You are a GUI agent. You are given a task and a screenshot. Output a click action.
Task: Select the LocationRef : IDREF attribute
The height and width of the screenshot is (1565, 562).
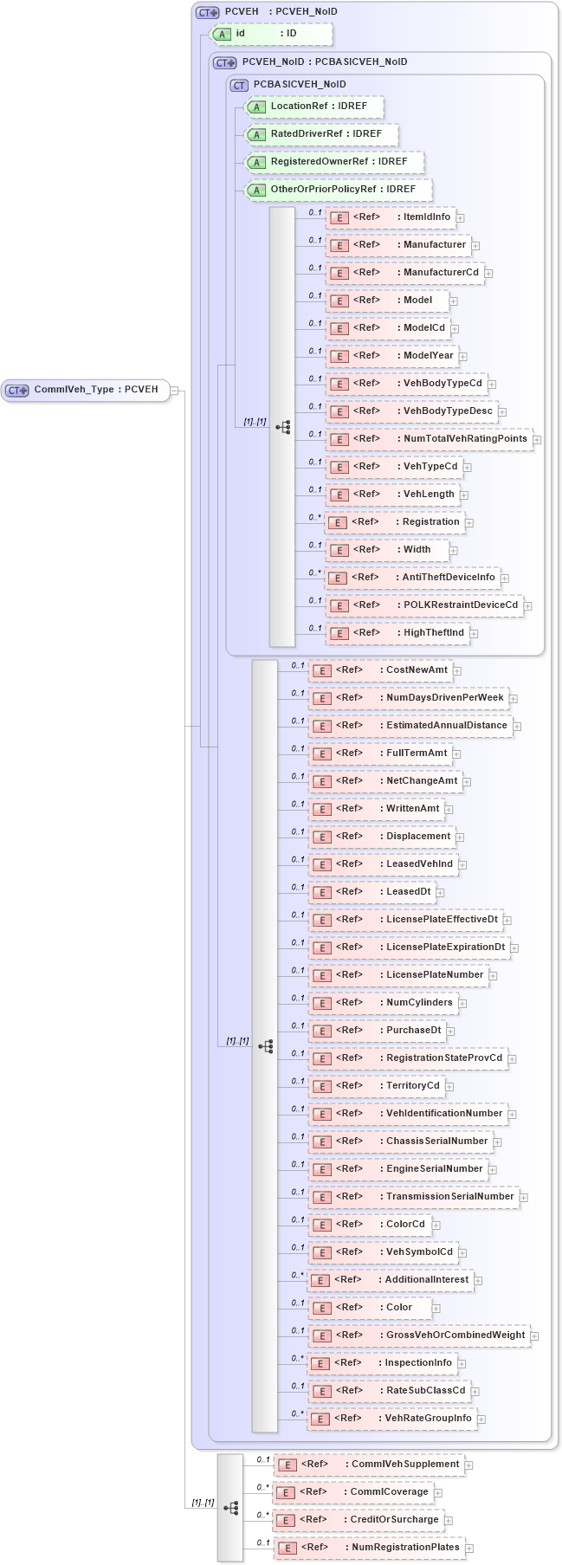tap(315, 107)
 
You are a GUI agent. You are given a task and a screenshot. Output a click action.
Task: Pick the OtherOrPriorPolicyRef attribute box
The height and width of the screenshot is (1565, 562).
tap(339, 190)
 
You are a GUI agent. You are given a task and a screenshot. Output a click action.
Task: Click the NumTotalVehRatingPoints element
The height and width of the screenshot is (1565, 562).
tap(428, 439)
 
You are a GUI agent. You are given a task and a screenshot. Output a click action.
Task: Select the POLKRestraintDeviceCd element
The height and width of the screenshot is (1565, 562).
tap(424, 605)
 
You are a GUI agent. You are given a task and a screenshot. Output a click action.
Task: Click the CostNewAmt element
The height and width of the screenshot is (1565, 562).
tap(380, 670)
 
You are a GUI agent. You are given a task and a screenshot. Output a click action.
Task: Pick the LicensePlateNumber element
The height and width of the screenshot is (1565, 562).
tap(397, 975)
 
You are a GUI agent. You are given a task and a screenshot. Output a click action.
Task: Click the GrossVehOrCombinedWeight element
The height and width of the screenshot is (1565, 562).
tap(419, 1335)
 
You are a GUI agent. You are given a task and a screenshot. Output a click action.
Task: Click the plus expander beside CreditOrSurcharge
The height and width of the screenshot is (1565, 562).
tap(449, 1520)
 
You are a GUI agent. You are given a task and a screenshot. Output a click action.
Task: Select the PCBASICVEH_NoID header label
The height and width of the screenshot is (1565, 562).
tap(299, 84)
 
